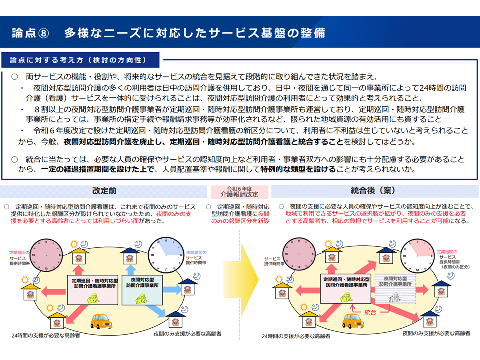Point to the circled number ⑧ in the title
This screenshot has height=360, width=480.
(x=44, y=33)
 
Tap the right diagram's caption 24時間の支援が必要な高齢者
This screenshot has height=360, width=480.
(x=296, y=336)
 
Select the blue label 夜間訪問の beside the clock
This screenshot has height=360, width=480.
(x=195, y=252)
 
